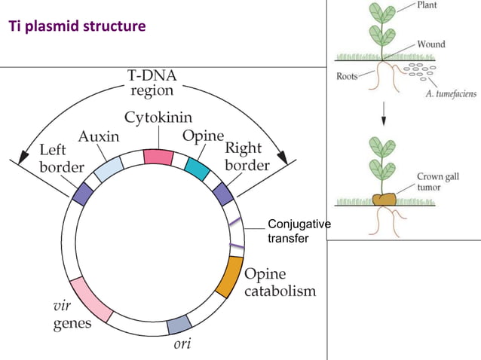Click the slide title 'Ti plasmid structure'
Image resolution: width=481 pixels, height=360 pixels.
[x=76, y=28]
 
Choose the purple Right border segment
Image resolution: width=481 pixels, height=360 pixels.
[x=223, y=194]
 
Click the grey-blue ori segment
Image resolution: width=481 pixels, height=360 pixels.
[x=179, y=325]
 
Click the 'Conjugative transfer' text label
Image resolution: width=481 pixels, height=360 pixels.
[x=299, y=231]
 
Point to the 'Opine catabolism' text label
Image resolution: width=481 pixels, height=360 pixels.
[x=280, y=282]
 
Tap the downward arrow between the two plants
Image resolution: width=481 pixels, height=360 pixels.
[x=383, y=115]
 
